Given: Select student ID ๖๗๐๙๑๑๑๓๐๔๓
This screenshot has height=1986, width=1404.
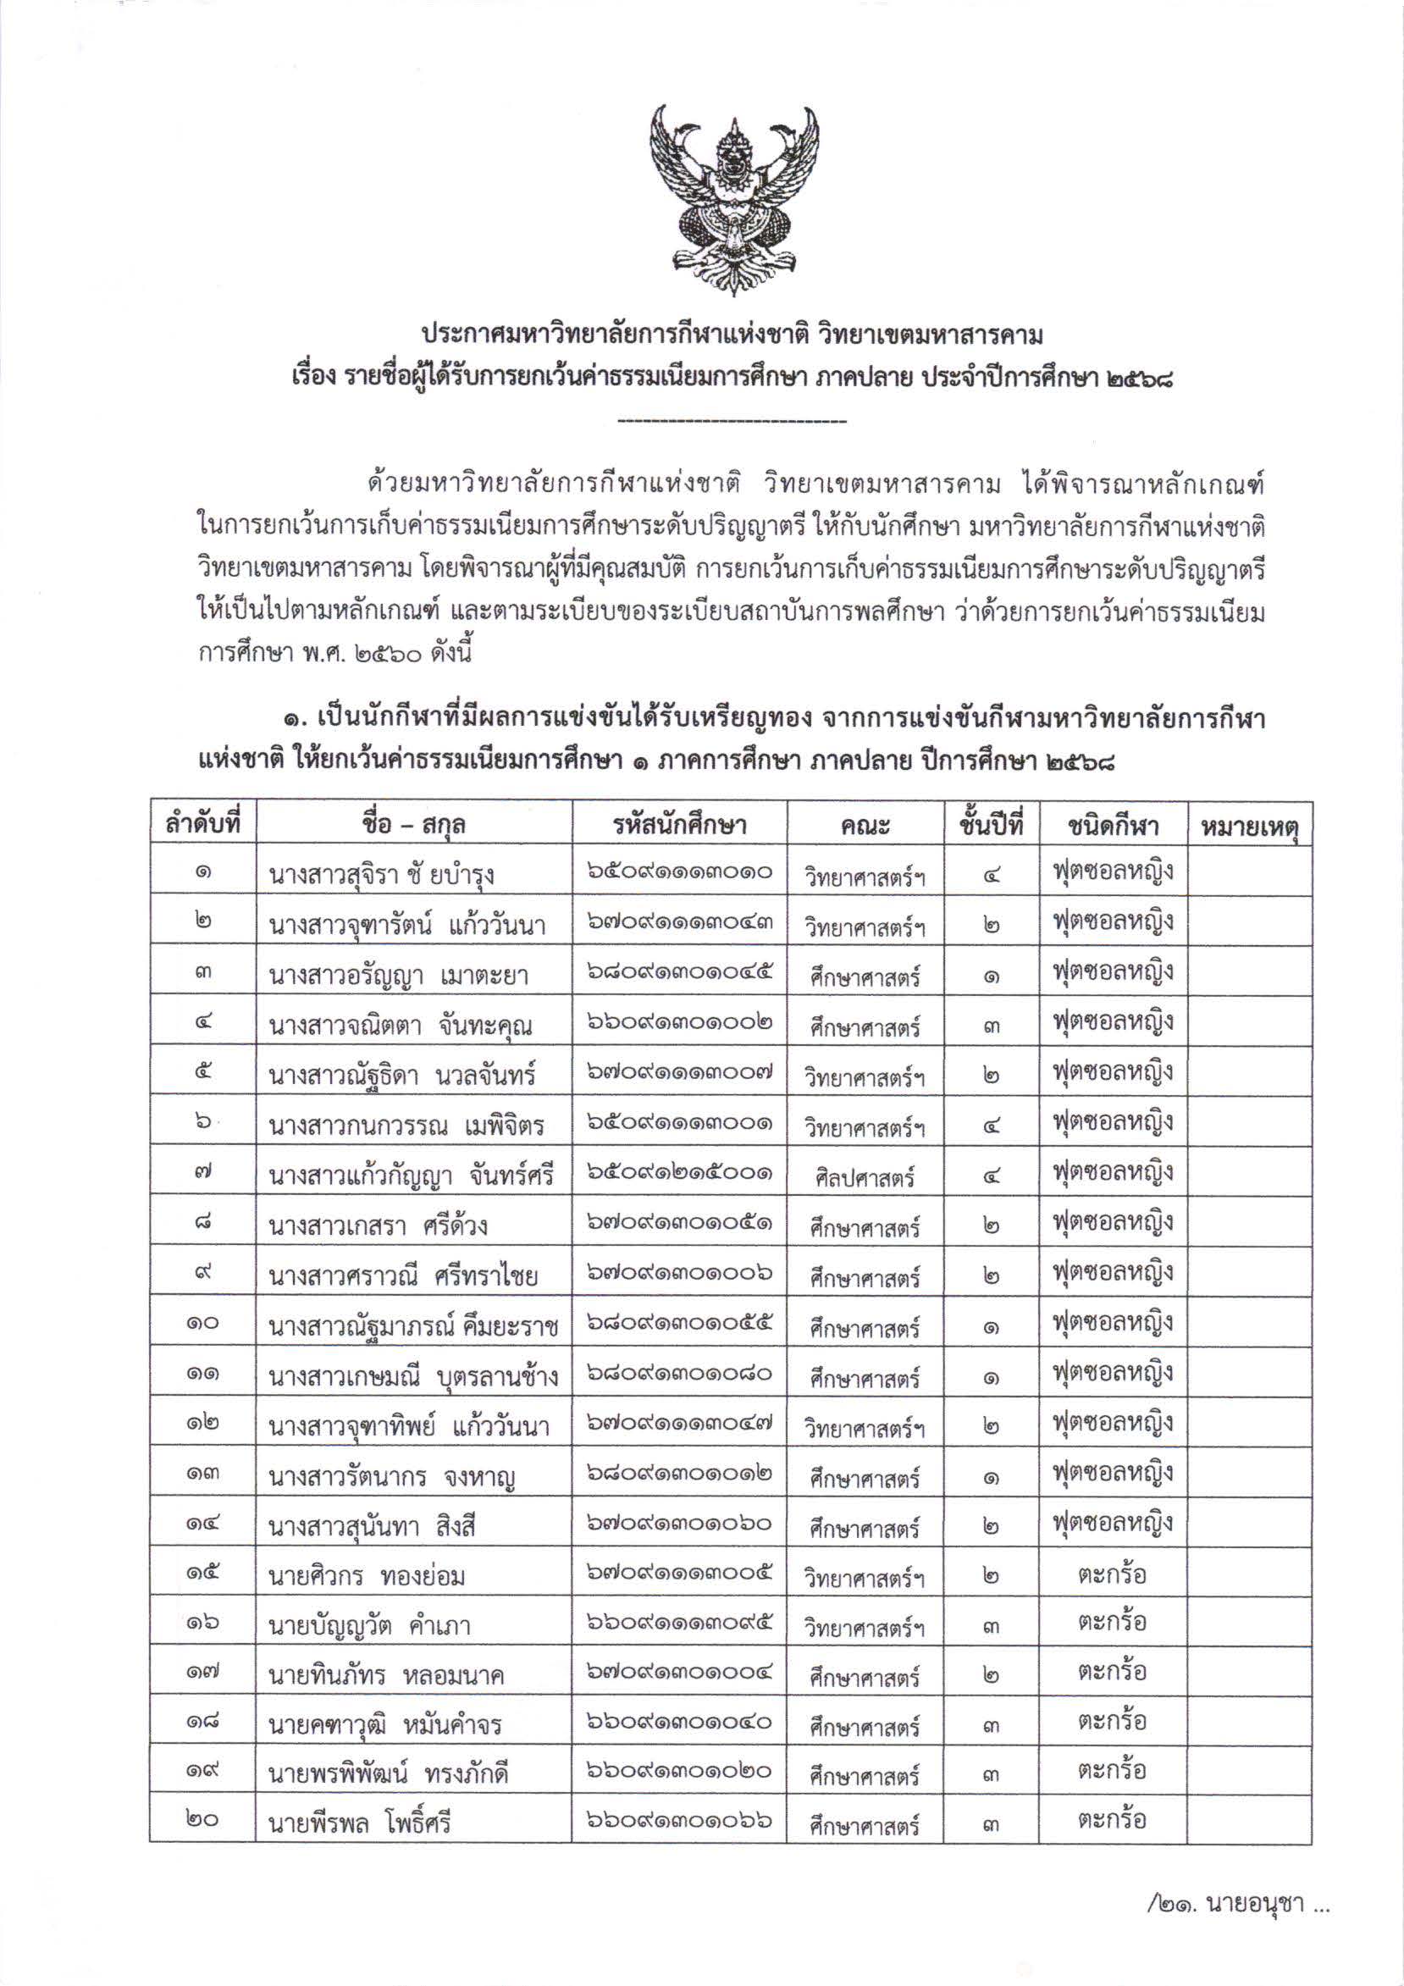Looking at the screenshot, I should [x=679, y=924].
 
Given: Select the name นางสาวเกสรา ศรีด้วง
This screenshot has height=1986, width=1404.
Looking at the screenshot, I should [x=378, y=1225].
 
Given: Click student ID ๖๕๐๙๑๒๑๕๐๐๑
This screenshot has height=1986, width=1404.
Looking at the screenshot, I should [x=679, y=1174].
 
